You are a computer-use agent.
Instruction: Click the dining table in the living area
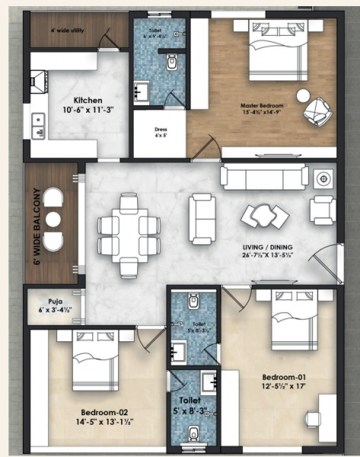[x=129, y=225]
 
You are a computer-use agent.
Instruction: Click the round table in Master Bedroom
[x=303, y=97]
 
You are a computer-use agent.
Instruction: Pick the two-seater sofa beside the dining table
[x=202, y=217]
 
